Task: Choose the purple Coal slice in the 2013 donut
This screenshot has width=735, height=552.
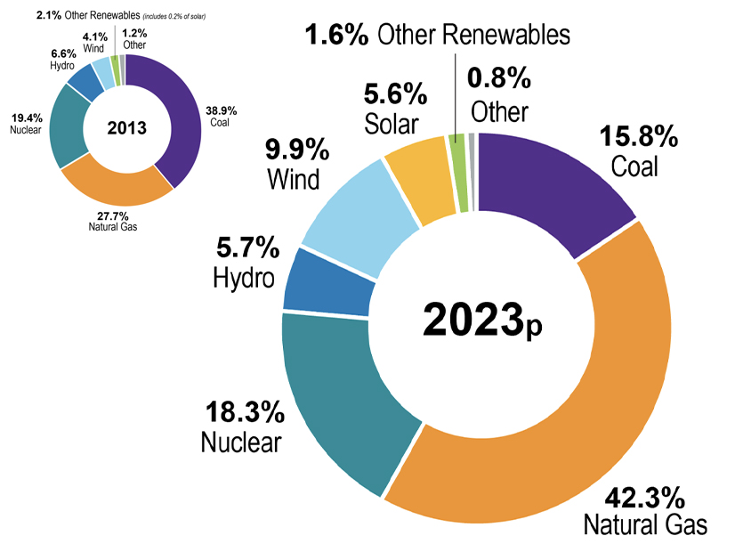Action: [177, 116]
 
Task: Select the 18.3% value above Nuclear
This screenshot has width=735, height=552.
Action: [245, 412]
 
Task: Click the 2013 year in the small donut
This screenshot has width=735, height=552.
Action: [126, 127]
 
